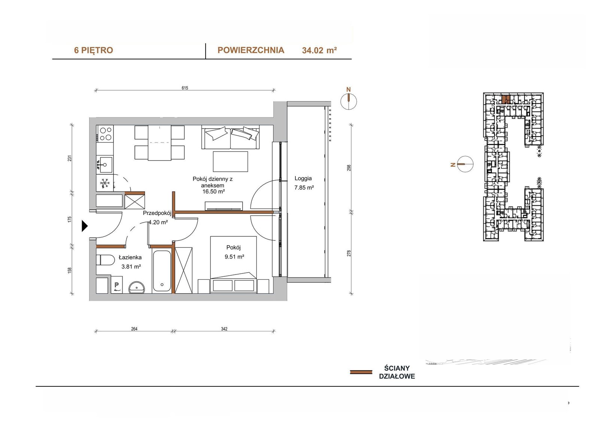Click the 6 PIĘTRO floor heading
[93, 50]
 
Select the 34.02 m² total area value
[319, 50]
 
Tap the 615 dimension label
[185, 88]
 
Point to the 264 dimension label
[134, 329]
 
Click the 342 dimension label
[224, 329]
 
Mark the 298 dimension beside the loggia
[349, 168]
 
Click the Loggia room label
[303, 178]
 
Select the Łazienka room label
[130, 257]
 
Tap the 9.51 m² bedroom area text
[234, 257]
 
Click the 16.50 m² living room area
[213, 191]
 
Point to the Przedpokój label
[157, 213]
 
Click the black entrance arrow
[85, 226]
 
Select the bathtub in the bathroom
[162, 271]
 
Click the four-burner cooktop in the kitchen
[105, 134]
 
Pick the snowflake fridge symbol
[105, 183]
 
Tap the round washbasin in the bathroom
[137, 288]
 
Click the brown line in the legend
[361, 372]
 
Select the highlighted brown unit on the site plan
[504, 99]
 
